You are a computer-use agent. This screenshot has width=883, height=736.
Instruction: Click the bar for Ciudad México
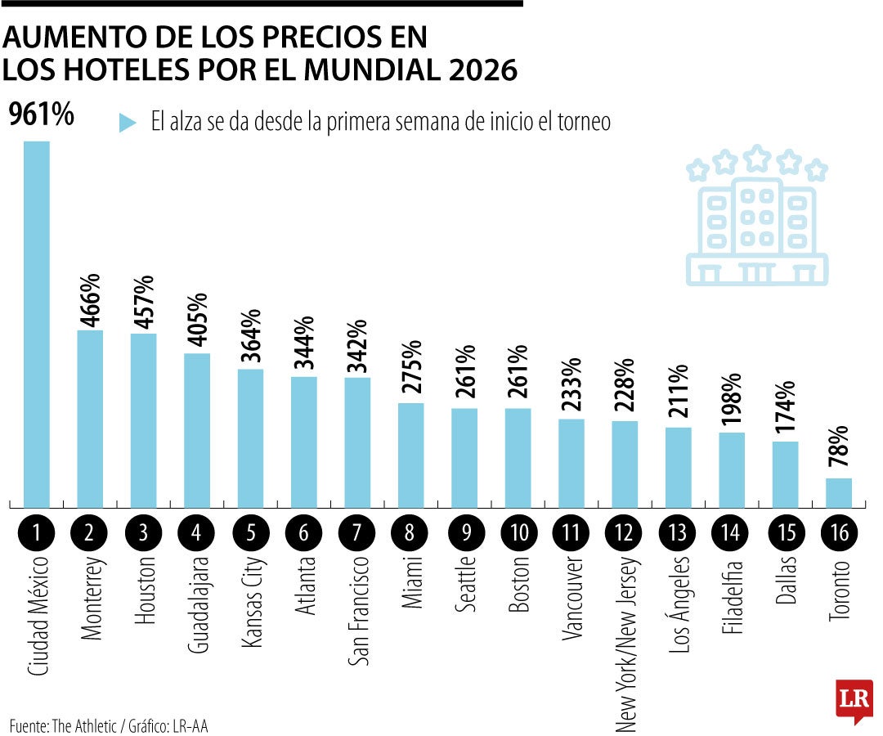(36, 323)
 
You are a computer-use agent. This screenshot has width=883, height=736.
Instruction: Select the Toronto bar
(838, 492)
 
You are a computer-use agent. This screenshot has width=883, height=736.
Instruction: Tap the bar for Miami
(410, 455)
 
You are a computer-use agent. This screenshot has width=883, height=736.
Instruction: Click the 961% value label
(41, 115)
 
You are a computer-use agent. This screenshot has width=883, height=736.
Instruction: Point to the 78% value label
(840, 449)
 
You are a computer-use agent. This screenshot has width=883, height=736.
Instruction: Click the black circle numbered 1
(36, 533)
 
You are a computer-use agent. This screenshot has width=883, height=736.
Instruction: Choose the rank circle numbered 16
(838, 533)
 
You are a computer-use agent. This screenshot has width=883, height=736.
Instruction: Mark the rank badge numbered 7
(357, 533)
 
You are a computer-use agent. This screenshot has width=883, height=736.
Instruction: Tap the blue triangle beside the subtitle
(128, 123)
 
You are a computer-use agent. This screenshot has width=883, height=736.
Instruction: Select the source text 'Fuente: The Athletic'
(62, 725)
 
